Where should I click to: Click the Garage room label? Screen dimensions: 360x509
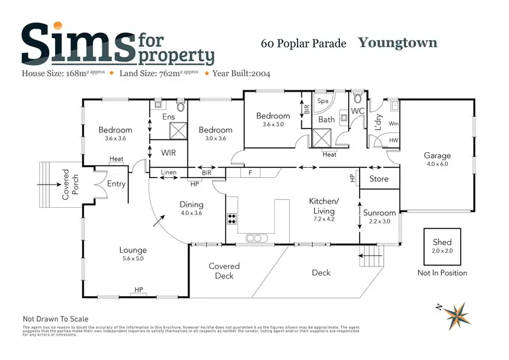pyautogui.click(x=437, y=160)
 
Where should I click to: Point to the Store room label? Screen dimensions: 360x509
pyautogui.click(x=379, y=179)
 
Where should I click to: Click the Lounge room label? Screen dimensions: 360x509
pyautogui.click(x=133, y=254)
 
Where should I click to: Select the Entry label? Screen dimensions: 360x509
pyautogui.click(x=116, y=183)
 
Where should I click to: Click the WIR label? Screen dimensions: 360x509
pyautogui.click(x=168, y=153)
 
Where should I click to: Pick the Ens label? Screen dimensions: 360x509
pyautogui.click(x=168, y=117)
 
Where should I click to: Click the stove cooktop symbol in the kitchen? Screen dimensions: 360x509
pyautogui.click(x=231, y=219)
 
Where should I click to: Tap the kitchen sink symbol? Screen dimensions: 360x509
pyautogui.click(x=257, y=238)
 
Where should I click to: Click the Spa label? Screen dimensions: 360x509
pyautogui.click(x=323, y=101)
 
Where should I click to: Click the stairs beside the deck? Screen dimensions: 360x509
pyautogui.click(x=371, y=258)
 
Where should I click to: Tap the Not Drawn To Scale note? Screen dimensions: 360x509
pyautogui.click(x=56, y=319)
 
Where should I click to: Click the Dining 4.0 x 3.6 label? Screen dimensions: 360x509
pyautogui.click(x=191, y=209)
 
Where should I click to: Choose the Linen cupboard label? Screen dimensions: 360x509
pyautogui.click(x=168, y=173)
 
